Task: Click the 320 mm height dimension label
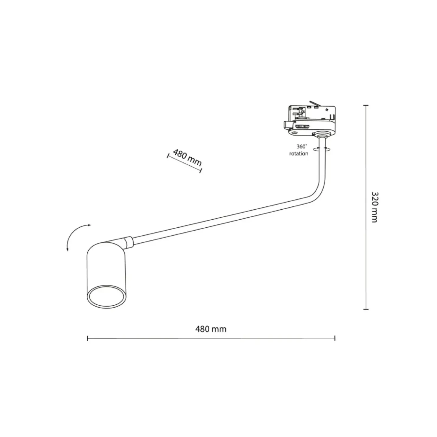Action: [374, 207]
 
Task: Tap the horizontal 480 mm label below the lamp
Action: [211, 329]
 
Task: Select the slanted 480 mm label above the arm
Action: [187, 158]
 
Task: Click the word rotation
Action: [299, 154]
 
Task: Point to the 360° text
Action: [301, 146]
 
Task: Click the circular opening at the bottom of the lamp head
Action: [106, 297]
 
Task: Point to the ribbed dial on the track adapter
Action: [302, 126]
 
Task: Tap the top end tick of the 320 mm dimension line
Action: [366, 105]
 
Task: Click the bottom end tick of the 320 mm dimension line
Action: [366, 309]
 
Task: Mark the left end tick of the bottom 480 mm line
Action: [87, 338]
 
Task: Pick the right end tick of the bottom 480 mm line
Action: [335, 338]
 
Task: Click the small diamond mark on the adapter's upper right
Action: [327, 110]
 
